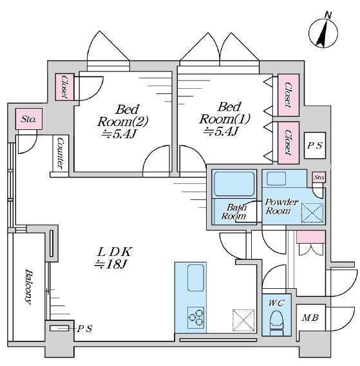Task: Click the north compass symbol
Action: point(323,33)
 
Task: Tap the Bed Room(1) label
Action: point(224,119)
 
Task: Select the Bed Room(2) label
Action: point(123,122)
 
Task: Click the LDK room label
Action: point(115,258)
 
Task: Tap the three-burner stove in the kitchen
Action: point(196,318)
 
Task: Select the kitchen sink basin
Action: point(196,278)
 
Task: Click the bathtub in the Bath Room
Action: point(234,184)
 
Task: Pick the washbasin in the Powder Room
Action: point(276,179)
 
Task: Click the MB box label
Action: point(310,318)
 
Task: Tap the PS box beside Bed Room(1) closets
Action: point(315,145)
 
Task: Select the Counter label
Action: point(61,153)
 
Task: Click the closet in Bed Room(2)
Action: point(64,87)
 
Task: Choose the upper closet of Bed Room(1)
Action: point(289,95)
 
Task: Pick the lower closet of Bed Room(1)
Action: point(289,143)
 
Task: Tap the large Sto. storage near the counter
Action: point(29,119)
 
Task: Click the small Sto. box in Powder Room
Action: point(319,177)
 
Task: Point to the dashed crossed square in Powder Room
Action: point(312,213)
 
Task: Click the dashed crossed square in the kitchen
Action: point(243,320)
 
